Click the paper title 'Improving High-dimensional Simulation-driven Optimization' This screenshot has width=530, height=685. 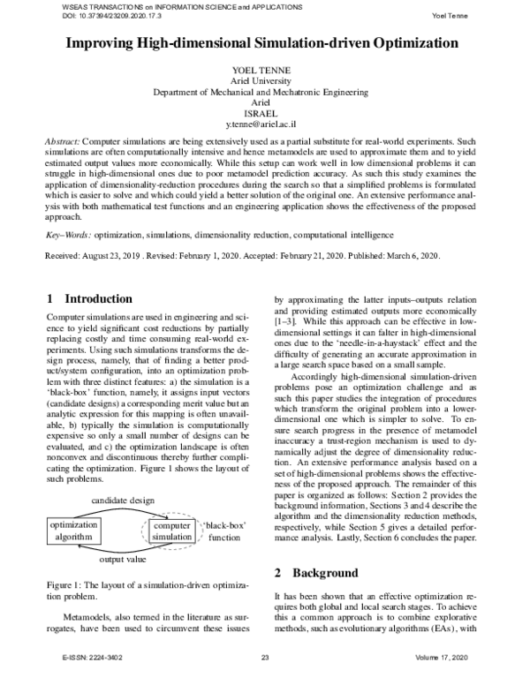click(265, 42)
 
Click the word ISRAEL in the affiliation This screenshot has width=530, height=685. click(265, 114)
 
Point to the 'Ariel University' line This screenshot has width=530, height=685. click(265, 79)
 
